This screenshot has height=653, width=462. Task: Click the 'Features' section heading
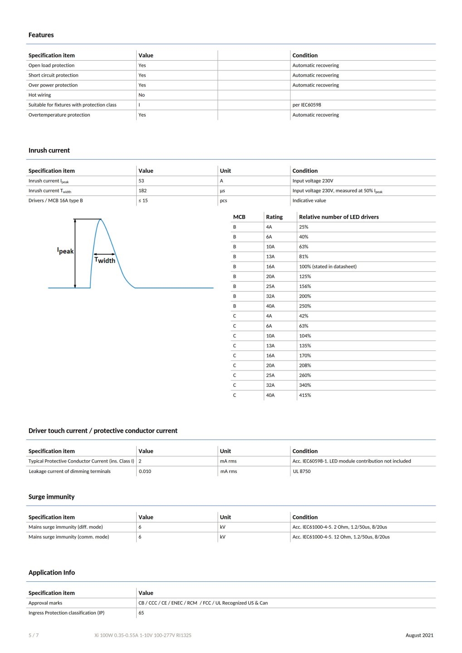tap(41, 35)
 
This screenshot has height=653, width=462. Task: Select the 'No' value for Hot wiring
tap(142, 95)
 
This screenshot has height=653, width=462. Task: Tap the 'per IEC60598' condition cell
tap(307, 105)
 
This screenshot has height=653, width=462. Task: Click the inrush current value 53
tap(141, 181)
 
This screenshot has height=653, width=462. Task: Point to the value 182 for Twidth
tap(143, 191)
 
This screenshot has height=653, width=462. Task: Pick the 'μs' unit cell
tap(222, 191)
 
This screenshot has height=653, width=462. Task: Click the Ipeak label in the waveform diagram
tap(65, 251)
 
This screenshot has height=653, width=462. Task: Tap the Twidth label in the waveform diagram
tap(105, 260)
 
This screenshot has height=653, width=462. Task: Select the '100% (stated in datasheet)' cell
tap(328, 267)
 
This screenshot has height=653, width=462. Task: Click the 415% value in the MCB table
tap(305, 395)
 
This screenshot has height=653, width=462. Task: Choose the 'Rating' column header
tap(274, 217)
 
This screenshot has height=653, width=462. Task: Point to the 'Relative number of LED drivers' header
tap(339, 217)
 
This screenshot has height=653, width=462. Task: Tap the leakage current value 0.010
tap(145, 472)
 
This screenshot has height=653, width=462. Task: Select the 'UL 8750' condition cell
tap(302, 472)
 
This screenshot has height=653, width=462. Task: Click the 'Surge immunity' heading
tap(51, 497)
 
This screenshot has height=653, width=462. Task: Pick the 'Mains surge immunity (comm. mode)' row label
tap(69, 537)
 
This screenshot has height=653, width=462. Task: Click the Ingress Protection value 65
tap(141, 613)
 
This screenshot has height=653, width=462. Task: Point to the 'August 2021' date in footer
tap(419, 635)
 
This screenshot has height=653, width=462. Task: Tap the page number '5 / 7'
tap(34, 635)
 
